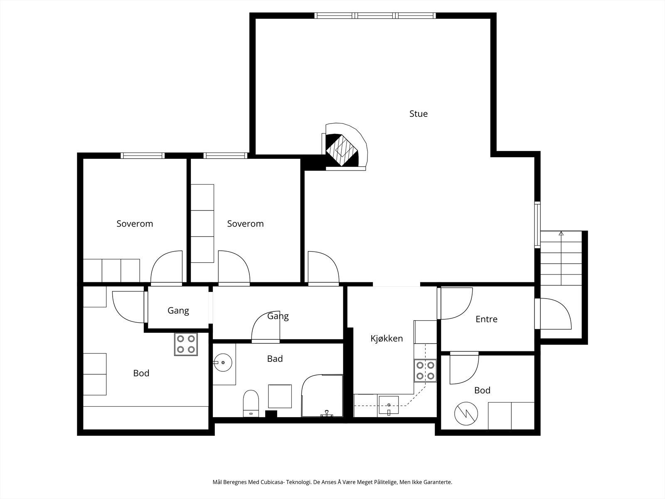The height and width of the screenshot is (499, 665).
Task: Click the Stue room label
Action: [419, 114]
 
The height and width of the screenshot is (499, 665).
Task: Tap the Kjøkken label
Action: [387, 338]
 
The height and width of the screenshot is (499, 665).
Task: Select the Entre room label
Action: [486, 319]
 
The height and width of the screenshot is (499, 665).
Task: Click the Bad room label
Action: [275, 359]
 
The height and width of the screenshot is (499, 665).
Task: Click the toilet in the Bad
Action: [251, 403]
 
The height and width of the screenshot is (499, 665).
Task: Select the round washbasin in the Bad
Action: [223, 362]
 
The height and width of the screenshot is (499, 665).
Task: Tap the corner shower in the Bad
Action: [322, 396]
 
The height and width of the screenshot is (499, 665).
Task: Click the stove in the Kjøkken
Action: [425, 371]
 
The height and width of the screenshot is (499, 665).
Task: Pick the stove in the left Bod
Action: [186, 344]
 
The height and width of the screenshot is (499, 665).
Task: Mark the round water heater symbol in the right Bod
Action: [466, 414]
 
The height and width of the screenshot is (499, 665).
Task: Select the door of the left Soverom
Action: [166, 268]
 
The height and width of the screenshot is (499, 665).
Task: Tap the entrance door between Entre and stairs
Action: [553, 314]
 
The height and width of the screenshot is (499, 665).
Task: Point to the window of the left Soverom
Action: [143, 156]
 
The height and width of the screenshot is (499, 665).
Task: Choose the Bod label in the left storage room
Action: [141, 373]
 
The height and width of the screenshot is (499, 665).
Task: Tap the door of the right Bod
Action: [464, 368]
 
